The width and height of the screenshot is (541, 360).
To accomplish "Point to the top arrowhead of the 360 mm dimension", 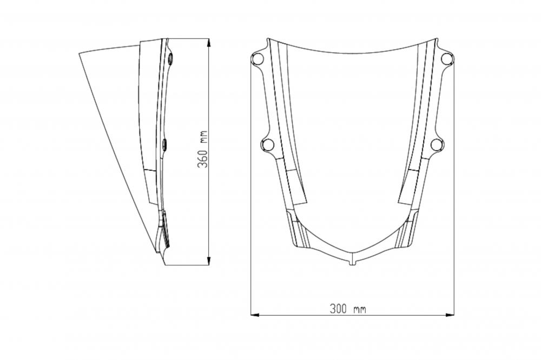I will (x=209, y=42).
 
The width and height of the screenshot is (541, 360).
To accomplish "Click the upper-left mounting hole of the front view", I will (x=258, y=58).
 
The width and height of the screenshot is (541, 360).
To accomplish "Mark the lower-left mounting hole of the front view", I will (x=267, y=144).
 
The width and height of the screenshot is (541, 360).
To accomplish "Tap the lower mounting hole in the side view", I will (x=165, y=144).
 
